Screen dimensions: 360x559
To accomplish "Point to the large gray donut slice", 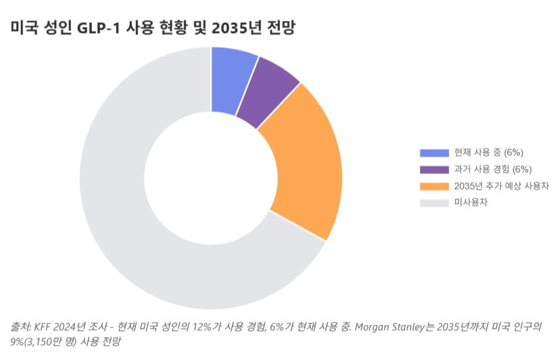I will click(135, 223).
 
